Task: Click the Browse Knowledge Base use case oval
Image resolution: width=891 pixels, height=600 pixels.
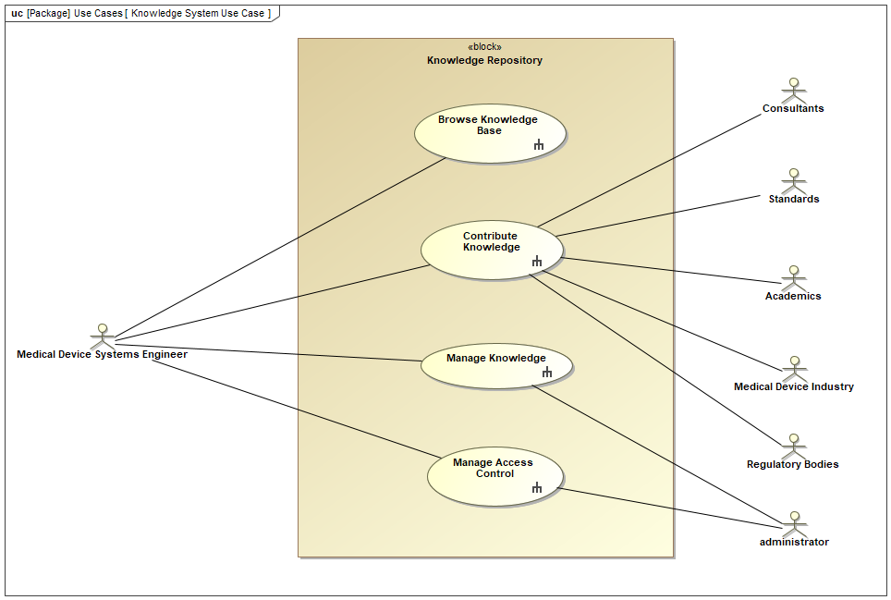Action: [x=489, y=133]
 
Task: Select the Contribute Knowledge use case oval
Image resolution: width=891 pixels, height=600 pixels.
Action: [x=491, y=250]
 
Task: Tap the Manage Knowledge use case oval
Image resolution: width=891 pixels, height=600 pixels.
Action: [x=496, y=366]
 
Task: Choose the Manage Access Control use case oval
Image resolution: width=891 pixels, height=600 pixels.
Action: [x=494, y=476]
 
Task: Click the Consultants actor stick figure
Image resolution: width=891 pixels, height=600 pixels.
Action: [x=792, y=91]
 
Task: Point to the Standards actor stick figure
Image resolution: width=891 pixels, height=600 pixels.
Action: [x=792, y=180]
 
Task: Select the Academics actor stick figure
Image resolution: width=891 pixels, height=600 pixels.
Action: [x=792, y=277]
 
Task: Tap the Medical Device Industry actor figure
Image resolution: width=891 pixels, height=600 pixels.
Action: [x=793, y=368]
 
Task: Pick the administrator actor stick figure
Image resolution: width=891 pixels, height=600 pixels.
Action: [x=793, y=523]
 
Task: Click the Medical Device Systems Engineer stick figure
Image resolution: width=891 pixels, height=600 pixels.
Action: [x=103, y=336]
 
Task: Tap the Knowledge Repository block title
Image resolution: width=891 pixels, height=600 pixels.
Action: [x=484, y=60]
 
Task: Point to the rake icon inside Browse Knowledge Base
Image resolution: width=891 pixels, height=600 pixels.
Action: [x=539, y=144]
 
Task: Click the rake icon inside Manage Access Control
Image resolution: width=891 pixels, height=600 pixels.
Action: [x=537, y=487]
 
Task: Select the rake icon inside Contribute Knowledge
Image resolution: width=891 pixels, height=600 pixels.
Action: [x=537, y=262]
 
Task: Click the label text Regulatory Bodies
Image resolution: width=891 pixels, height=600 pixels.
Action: [x=792, y=464]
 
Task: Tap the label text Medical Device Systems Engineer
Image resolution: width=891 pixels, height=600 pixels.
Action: [x=102, y=354]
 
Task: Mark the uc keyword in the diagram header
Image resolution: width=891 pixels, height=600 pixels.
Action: [x=17, y=14]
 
